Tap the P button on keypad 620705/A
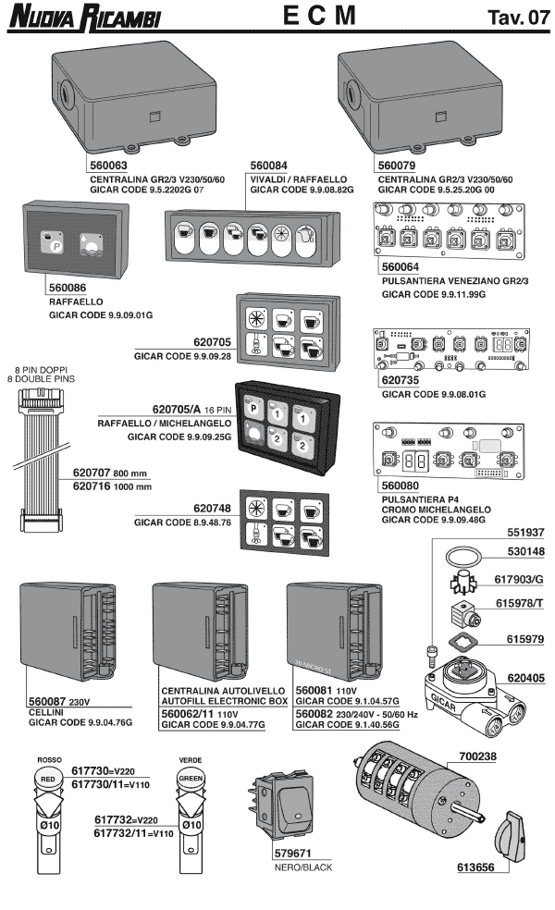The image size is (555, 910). pyautogui.click(x=253, y=405)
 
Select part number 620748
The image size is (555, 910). pyautogui.click(x=211, y=508)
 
